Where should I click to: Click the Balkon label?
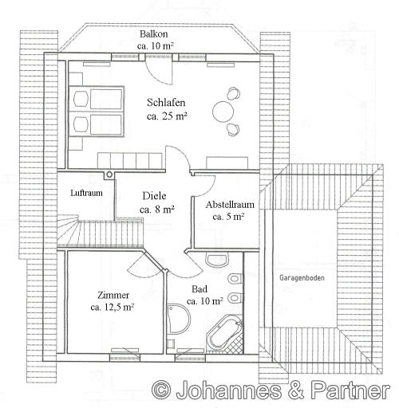point(154,34)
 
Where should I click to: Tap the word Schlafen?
point(166,103)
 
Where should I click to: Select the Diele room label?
point(154,196)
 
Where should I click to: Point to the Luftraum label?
point(86,193)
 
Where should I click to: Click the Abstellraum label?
point(230,205)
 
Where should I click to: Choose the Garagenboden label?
point(302,278)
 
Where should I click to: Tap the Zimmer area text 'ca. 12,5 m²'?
point(113,308)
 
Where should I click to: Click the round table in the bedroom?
point(223,112)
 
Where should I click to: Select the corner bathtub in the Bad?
point(225,334)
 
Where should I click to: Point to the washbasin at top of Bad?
point(217,259)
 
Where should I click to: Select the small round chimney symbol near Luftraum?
point(109,175)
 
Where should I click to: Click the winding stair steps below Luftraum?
point(68,230)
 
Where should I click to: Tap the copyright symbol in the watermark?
point(161,390)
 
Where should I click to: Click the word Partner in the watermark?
point(350,390)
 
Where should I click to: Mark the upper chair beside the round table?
point(233,93)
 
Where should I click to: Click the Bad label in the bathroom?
point(199,289)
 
